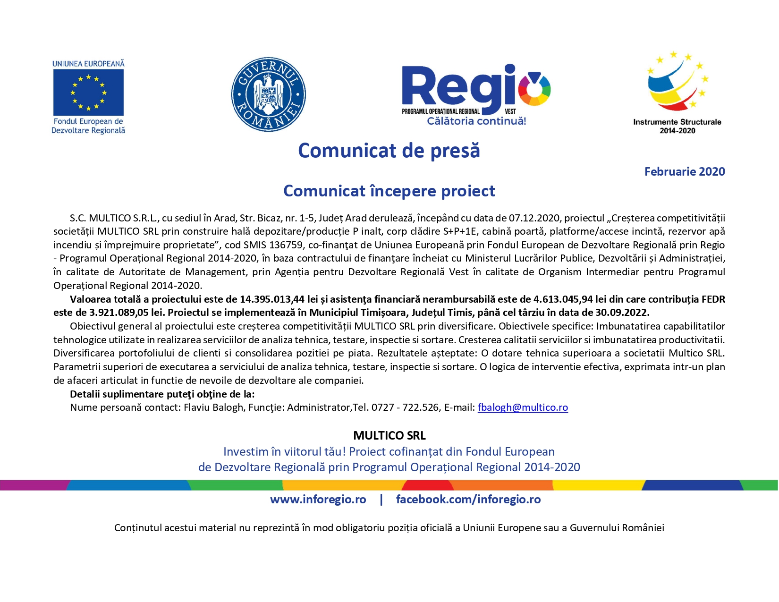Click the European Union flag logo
88,93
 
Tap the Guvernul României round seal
268,94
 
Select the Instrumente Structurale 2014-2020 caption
677,126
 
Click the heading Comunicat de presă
389,151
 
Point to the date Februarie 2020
685,171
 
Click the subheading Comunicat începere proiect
389,191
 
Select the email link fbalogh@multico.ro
523,407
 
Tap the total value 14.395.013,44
272,299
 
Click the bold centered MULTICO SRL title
389,435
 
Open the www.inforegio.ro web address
318,500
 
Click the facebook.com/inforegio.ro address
468,500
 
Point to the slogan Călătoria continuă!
476,121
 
